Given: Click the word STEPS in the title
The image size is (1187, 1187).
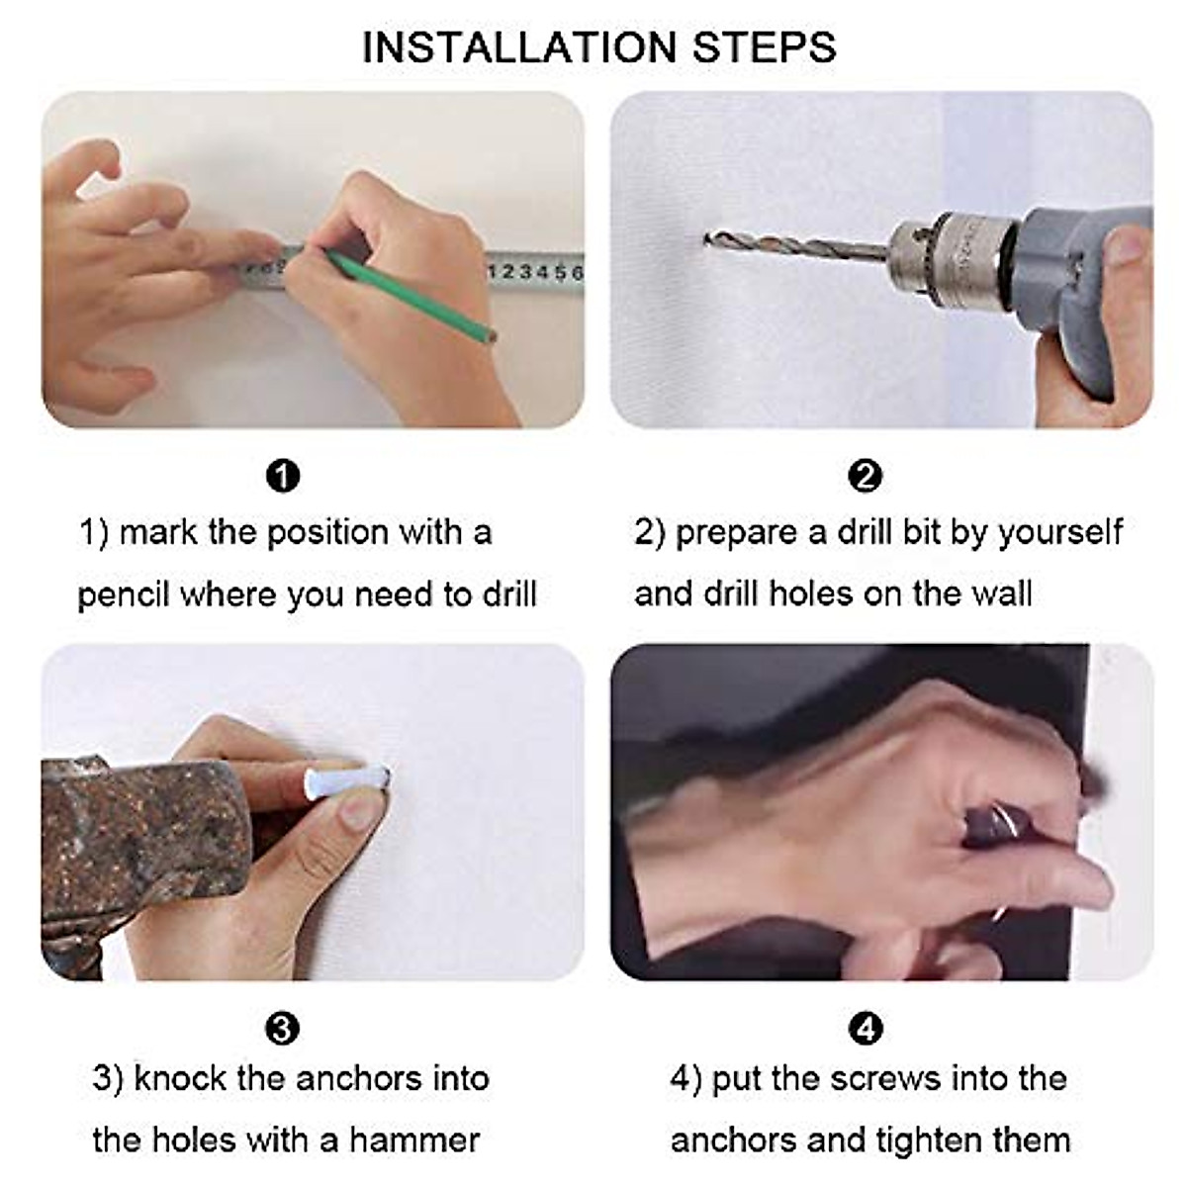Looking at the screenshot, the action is [x=765, y=47].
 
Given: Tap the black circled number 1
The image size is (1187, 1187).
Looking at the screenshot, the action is [x=283, y=476].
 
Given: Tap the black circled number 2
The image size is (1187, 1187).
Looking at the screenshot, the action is [x=866, y=476].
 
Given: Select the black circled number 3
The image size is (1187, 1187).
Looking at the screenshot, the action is [x=282, y=1029].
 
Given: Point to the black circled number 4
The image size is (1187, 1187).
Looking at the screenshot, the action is [x=866, y=1029].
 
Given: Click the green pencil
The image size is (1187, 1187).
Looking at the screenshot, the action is [x=411, y=295].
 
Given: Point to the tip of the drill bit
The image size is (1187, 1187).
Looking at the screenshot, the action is [x=706, y=236].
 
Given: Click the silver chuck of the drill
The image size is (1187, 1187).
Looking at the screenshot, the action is [x=954, y=259].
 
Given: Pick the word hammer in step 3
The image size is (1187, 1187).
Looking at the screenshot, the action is [x=414, y=1141].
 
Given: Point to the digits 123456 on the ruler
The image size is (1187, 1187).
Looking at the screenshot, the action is [x=536, y=272].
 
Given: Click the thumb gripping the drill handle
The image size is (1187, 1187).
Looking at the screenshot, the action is [x=1129, y=247].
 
